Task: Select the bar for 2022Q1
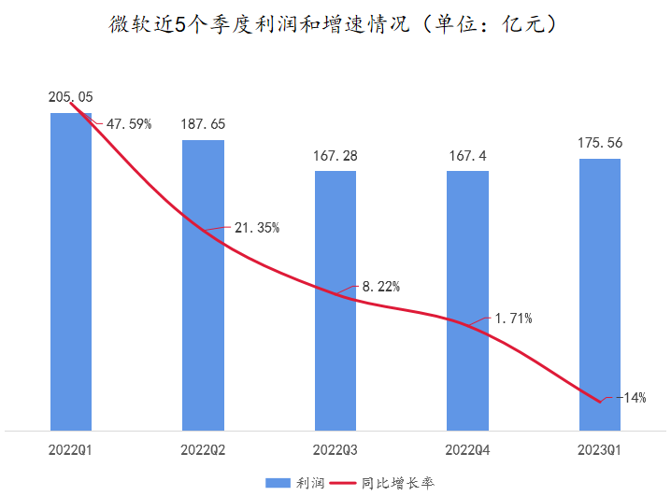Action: click(71, 280)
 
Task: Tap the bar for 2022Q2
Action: click(203, 299)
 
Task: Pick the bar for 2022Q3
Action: click(335, 308)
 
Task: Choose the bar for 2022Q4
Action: click(467, 308)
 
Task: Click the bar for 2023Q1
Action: click(599, 299)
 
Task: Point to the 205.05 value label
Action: click(71, 97)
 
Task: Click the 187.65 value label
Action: click(203, 124)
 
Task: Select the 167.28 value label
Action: click(335, 155)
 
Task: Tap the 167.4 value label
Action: click(467, 155)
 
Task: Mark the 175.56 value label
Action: click(599, 143)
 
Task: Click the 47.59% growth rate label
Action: click(128, 123)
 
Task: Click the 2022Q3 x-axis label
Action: click(335, 450)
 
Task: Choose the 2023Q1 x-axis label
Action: click(599, 450)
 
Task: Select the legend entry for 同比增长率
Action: click(385, 482)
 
